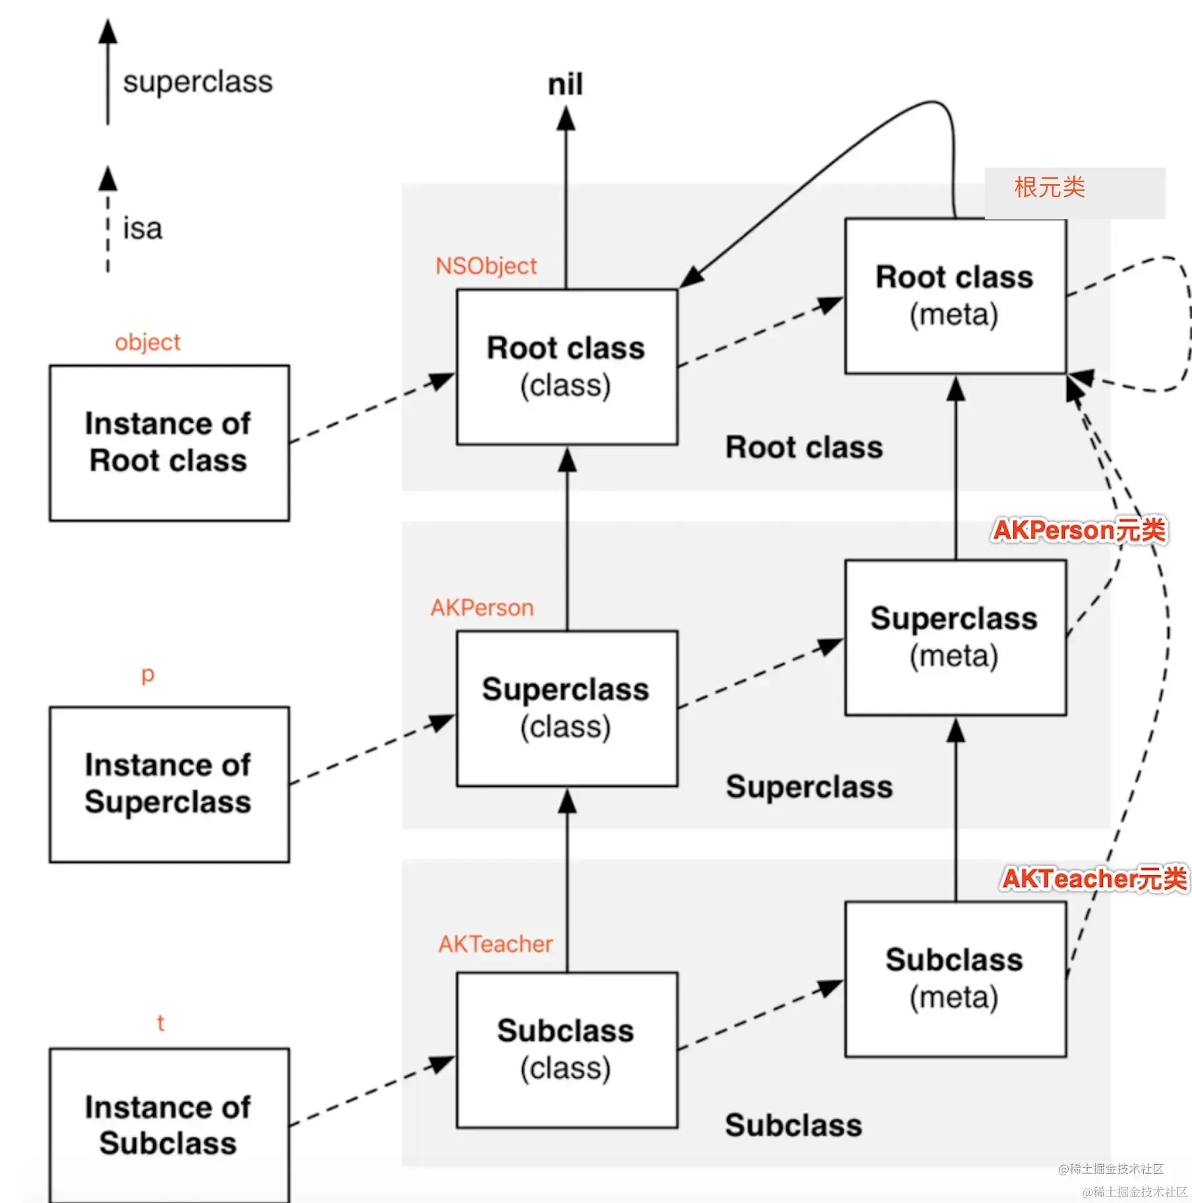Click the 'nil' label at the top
pyautogui.click(x=565, y=84)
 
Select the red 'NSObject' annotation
pyautogui.click(x=486, y=266)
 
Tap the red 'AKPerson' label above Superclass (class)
pyautogui.click(x=482, y=607)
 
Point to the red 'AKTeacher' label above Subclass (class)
pyautogui.click(x=495, y=944)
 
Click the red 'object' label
pyautogui.click(x=147, y=343)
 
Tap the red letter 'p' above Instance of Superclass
pyautogui.click(x=148, y=675)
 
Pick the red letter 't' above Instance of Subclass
pyautogui.click(x=160, y=1023)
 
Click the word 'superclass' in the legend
pyautogui.click(x=198, y=82)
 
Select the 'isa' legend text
pyautogui.click(x=142, y=229)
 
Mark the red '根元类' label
pyautogui.click(x=1050, y=187)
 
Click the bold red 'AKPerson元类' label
pyautogui.click(x=1079, y=531)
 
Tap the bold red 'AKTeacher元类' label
pyautogui.click(x=1094, y=879)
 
